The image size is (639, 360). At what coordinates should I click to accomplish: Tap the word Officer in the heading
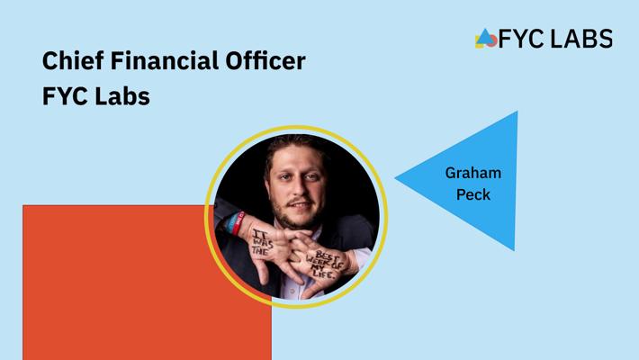(x=265, y=60)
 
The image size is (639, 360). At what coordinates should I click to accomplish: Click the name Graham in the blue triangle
(x=473, y=173)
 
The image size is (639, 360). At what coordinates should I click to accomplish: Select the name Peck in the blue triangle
(x=473, y=194)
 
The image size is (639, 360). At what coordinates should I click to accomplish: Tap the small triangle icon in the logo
(x=484, y=36)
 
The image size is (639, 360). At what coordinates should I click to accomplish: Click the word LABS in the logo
(x=581, y=39)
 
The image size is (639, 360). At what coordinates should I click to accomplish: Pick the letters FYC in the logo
(x=522, y=39)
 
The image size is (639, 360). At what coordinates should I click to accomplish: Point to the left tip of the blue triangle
(x=395, y=178)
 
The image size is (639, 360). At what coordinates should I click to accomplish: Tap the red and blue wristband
(x=235, y=222)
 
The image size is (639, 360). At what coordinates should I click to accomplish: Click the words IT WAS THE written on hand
(x=262, y=242)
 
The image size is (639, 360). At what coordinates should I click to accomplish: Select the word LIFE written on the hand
(x=324, y=273)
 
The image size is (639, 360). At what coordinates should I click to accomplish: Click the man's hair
(x=295, y=146)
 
